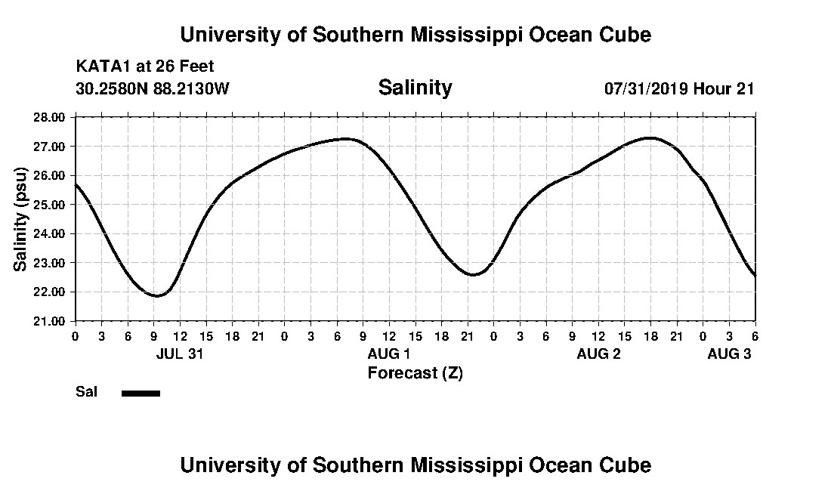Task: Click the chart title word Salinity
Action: tap(415, 88)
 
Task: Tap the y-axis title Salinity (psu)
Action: tap(21, 219)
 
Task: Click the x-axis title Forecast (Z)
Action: tap(415, 372)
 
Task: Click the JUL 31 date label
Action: tap(180, 354)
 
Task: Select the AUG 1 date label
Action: tap(388, 354)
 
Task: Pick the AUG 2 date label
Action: tap(598, 354)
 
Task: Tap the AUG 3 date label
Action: tap(728, 354)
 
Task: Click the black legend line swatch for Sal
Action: tap(141, 393)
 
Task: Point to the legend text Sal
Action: tap(85, 392)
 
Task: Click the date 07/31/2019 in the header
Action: tap(644, 88)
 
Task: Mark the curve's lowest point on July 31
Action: tap(157, 295)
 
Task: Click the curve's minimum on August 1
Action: tap(473, 274)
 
